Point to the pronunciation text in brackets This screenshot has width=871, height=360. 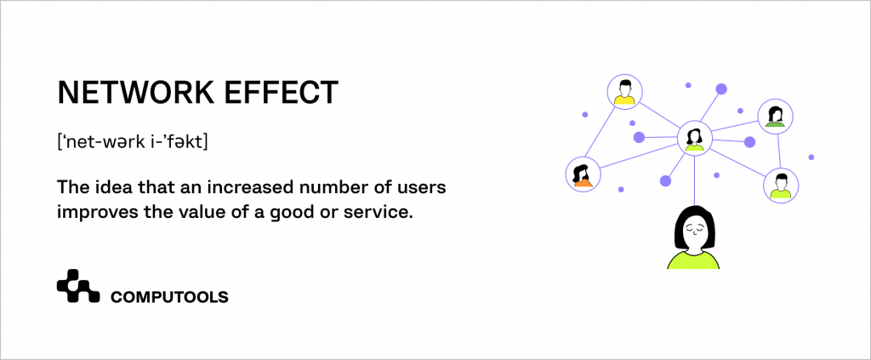[x=132, y=142]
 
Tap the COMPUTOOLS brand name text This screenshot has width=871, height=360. [x=169, y=297]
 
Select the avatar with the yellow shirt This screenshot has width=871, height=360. [x=625, y=92]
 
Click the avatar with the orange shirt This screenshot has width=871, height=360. [x=583, y=174]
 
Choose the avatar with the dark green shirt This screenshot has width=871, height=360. [x=775, y=117]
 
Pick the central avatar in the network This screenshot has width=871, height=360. [x=694, y=137]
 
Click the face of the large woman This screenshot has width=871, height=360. [x=697, y=230]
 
